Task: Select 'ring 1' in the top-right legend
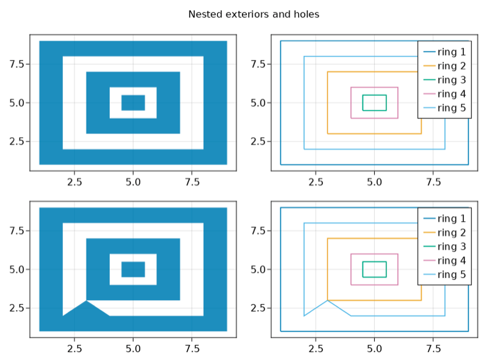point(451,52)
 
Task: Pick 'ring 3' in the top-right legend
point(451,80)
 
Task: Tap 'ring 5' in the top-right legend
point(451,108)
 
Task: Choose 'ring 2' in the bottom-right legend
point(451,232)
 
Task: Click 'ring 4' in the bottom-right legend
point(451,260)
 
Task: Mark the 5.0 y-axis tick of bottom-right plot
point(257,270)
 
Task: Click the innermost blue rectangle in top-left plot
point(133,103)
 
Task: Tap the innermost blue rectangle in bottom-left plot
point(133,269)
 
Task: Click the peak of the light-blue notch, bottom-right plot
point(327,301)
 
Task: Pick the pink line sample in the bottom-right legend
point(429,260)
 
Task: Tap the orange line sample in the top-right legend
point(429,66)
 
